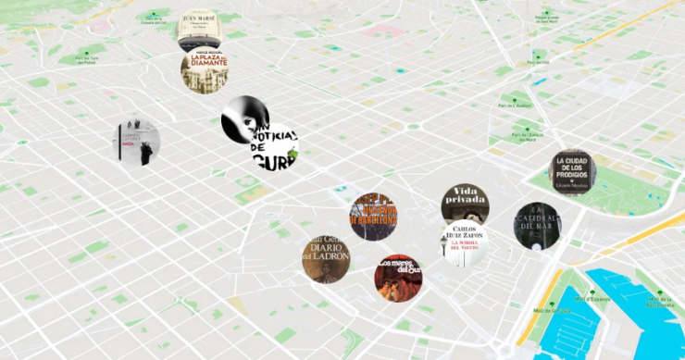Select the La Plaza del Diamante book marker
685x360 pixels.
pyautogui.click(x=204, y=71)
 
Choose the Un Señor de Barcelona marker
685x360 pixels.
pyautogui.click(x=373, y=216)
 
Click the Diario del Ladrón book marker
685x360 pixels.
pyautogui.click(x=326, y=259)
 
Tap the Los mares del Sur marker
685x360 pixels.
pyautogui.click(x=398, y=278)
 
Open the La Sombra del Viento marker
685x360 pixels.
pyautogui.click(x=463, y=243)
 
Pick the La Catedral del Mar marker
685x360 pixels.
pyautogui.click(x=537, y=226)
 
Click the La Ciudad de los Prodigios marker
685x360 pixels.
pyautogui.click(x=572, y=172)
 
